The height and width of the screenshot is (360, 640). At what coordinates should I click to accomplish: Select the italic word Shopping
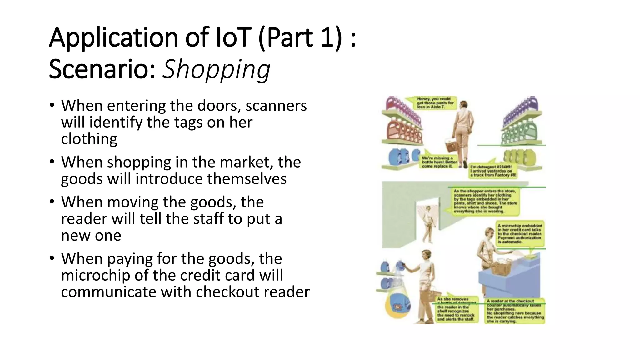(216, 69)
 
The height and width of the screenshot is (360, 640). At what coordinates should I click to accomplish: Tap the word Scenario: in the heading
(102, 69)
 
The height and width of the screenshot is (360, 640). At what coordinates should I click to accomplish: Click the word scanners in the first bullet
(276, 106)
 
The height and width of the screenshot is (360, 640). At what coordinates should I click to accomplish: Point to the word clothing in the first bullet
(89, 139)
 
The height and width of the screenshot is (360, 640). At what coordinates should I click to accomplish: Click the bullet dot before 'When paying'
(52, 258)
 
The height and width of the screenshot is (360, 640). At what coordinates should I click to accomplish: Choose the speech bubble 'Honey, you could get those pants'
(435, 103)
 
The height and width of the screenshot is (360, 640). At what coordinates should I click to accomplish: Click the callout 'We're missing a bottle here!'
(439, 162)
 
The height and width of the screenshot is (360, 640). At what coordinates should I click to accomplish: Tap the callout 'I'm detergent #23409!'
(493, 171)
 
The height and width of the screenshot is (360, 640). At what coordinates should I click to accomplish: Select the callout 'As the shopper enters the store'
(485, 201)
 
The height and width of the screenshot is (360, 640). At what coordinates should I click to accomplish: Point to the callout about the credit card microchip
(520, 234)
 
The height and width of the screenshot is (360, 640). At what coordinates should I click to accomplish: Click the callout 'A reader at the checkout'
(515, 311)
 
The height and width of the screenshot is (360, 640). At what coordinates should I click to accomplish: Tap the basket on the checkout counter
(502, 268)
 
